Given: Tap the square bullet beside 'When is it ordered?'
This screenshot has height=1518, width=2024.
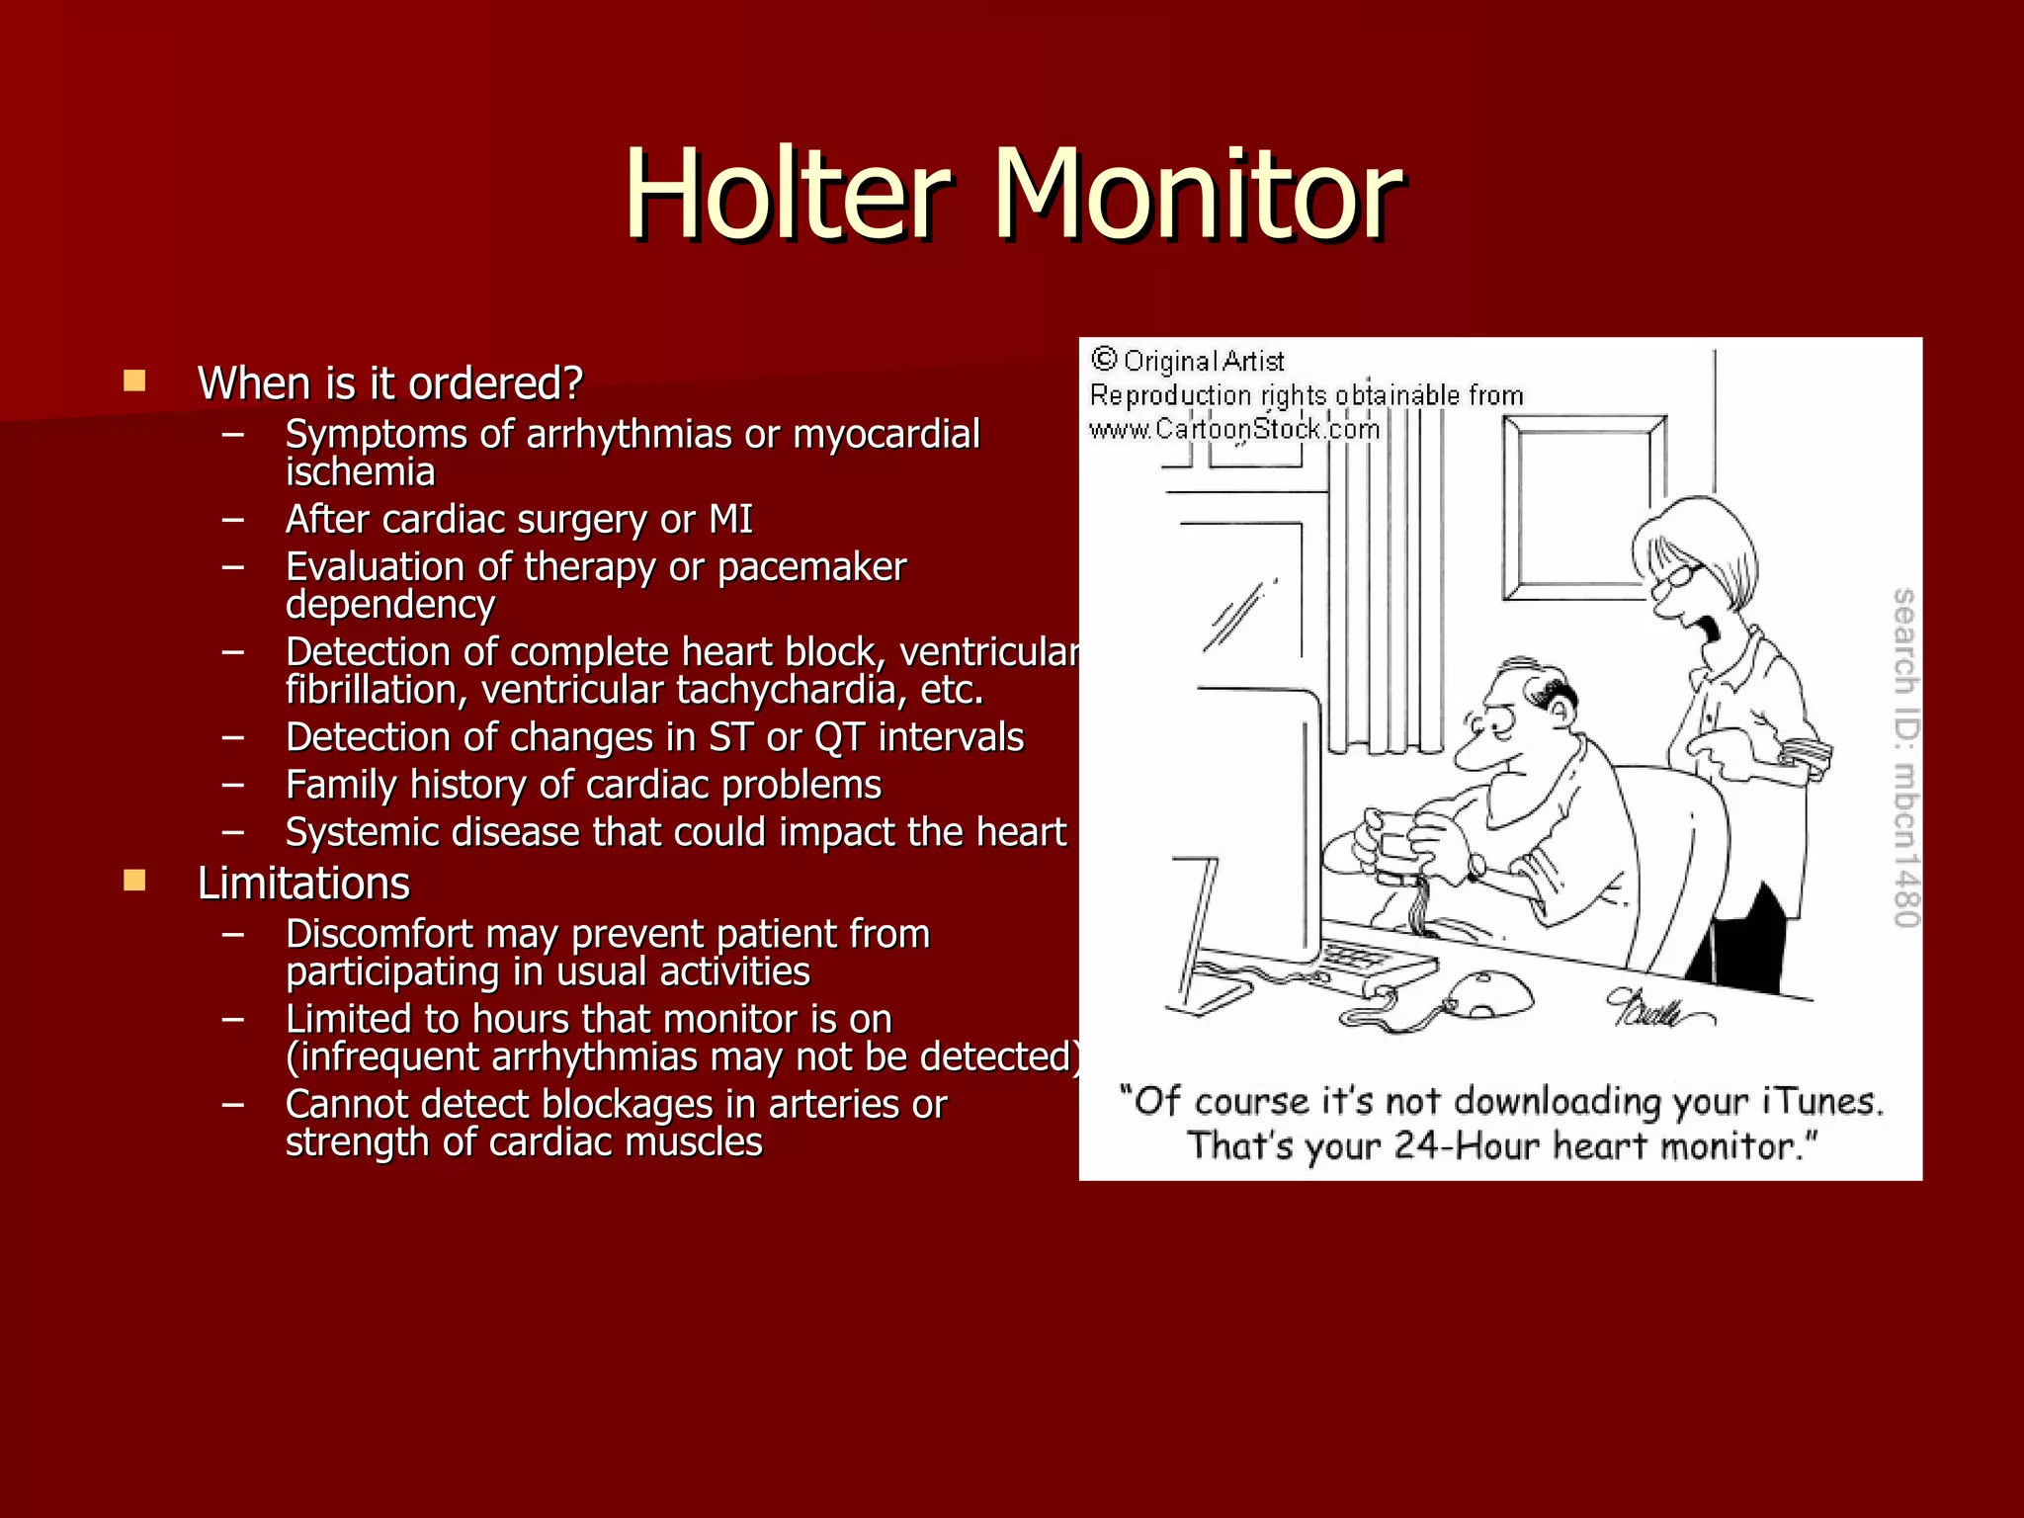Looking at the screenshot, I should click(134, 381).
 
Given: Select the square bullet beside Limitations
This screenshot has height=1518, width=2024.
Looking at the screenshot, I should click(134, 881).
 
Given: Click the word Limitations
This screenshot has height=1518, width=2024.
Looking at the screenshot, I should click(303, 884).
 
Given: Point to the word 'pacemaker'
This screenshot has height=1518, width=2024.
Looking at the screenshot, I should click(811, 567).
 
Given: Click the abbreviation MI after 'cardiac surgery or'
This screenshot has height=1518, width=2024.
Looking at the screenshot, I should click(730, 520).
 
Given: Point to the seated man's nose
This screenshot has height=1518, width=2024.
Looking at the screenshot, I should click(1474, 756).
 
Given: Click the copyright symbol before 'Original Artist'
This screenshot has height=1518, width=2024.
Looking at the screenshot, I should click(1104, 359).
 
